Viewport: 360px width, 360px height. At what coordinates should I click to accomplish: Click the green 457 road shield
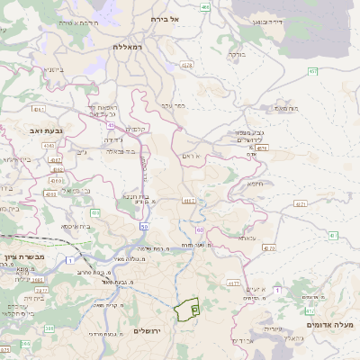click(x=312, y=70)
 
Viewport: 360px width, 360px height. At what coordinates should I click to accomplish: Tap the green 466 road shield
click(x=206, y=7)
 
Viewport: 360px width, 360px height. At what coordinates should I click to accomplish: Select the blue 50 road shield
click(x=143, y=226)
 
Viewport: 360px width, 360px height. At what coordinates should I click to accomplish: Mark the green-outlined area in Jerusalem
click(x=188, y=310)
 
